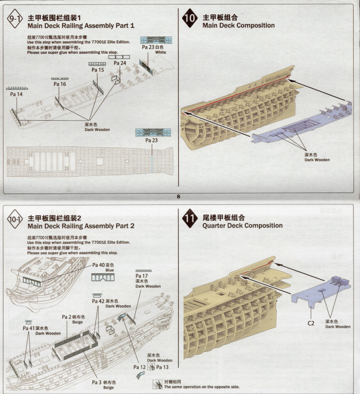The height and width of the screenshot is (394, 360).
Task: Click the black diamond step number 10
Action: coord(190,18)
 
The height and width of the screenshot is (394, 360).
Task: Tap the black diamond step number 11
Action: coord(190,218)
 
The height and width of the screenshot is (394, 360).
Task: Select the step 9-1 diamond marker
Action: coord(15,19)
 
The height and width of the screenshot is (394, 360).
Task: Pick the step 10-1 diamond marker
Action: coord(15,219)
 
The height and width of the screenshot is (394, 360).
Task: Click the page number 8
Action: coord(178,197)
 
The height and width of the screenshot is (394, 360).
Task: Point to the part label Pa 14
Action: coord(16,94)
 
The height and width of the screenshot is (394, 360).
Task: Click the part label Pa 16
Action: coord(60,84)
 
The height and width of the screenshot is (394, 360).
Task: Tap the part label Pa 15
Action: coord(98,70)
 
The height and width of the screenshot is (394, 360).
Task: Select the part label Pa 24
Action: coord(120,63)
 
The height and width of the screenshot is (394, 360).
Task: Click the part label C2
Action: coord(311,323)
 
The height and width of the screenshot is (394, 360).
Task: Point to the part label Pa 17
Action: coord(141,276)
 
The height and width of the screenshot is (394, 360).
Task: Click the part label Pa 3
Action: coord(97,382)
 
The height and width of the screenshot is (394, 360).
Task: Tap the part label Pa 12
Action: coord(139,367)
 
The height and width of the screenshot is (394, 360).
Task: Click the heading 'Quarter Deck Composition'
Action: coord(242,226)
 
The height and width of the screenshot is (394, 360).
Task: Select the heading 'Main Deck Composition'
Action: coord(238,26)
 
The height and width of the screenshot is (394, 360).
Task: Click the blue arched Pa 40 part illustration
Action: coord(103,277)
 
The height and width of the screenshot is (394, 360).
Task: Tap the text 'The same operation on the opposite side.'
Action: coord(202,387)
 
